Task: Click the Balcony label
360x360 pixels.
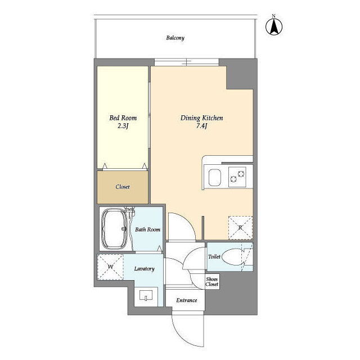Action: coord(175,38)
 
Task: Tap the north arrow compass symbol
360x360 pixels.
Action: coord(274,26)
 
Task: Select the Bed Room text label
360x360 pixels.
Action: coord(123,118)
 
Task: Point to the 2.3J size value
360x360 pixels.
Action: coord(123,126)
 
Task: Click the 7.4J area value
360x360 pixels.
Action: coord(202,126)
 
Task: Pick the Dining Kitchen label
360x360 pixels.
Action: coord(201,118)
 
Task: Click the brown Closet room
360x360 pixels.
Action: coord(123,187)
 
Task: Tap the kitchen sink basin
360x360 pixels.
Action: coord(215,178)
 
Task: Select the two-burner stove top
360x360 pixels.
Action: coord(237,177)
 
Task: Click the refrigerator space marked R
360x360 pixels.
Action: coord(240,228)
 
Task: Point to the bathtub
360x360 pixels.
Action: coord(114,229)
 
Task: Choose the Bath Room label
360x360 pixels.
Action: coord(147,229)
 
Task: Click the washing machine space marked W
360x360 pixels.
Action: coord(110,267)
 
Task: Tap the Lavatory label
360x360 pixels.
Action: coord(144,269)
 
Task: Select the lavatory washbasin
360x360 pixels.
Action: coord(146,295)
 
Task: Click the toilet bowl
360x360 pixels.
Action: coord(232,257)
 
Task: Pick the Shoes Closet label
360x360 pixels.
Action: coord(211,282)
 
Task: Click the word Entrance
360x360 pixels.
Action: coord(186,300)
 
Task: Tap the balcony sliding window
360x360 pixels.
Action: coord(186,62)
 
